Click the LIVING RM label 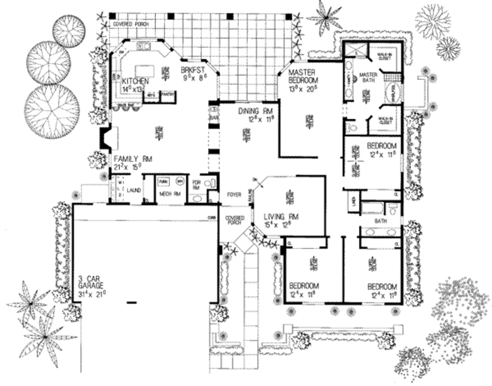(282, 216)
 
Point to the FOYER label (234, 195)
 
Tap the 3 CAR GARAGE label (91, 283)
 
